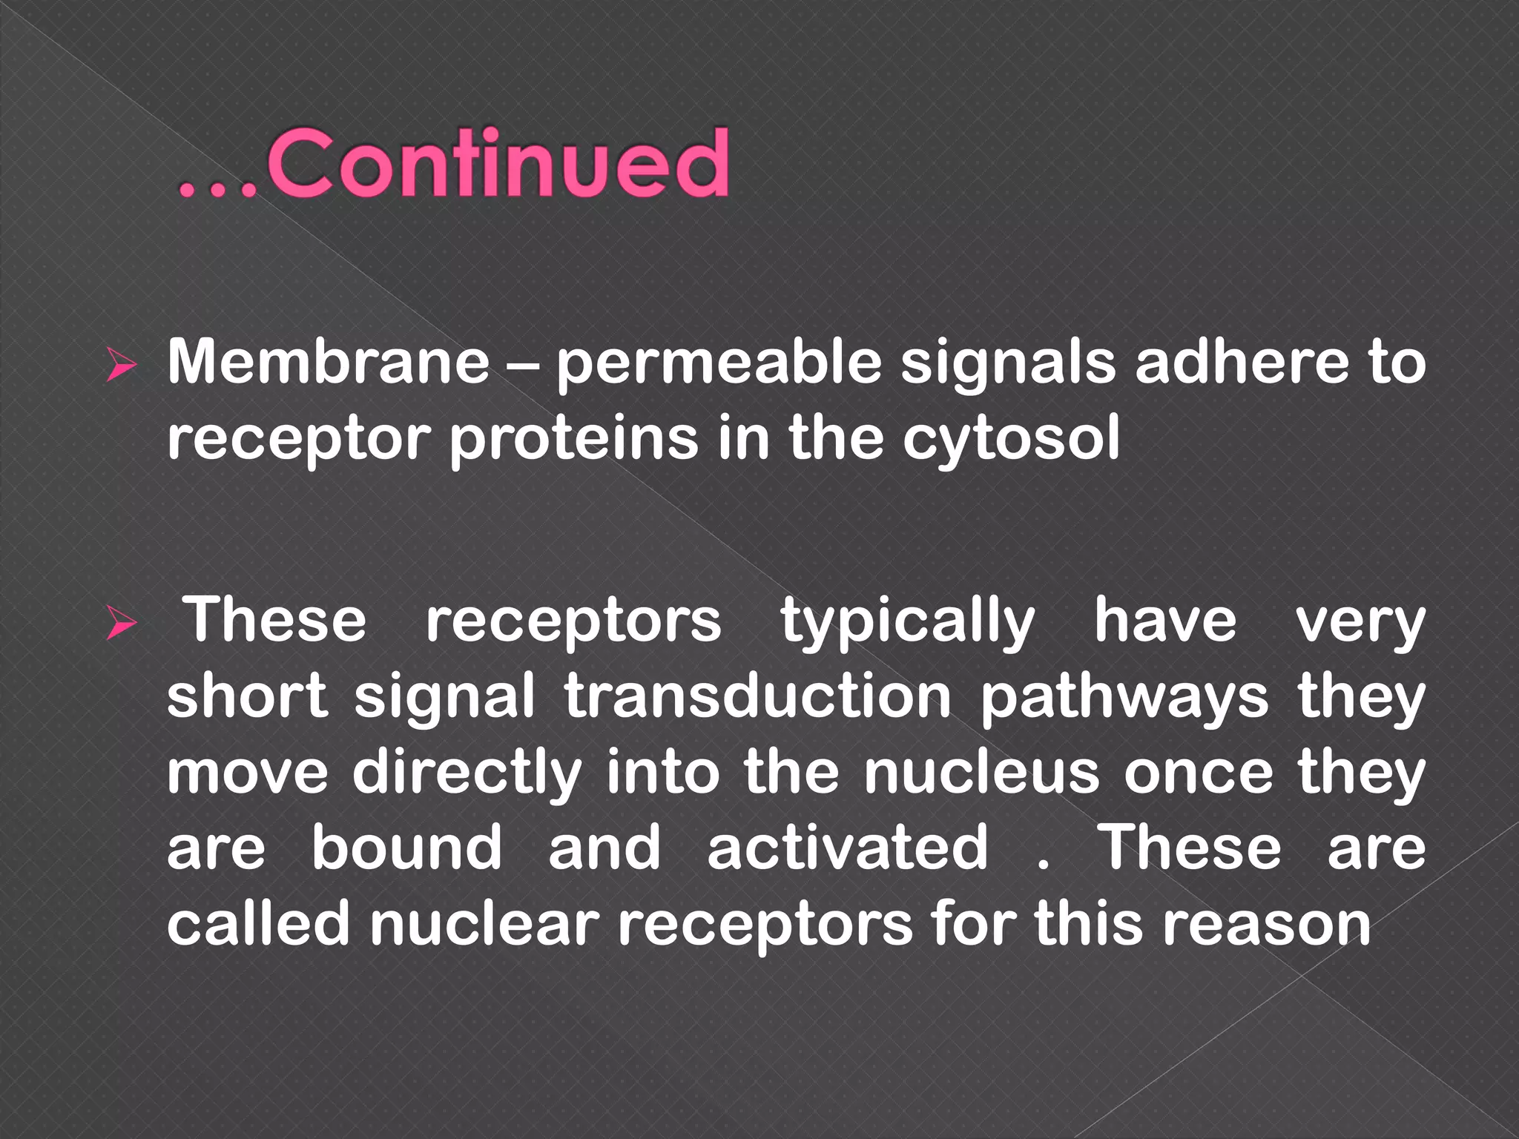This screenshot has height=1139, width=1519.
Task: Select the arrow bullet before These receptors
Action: coord(121,622)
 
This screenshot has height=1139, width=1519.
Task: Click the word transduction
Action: coord(757,696)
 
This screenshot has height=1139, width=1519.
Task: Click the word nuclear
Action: coord(484,924)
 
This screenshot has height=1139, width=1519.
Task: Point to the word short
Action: coord(247,696)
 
